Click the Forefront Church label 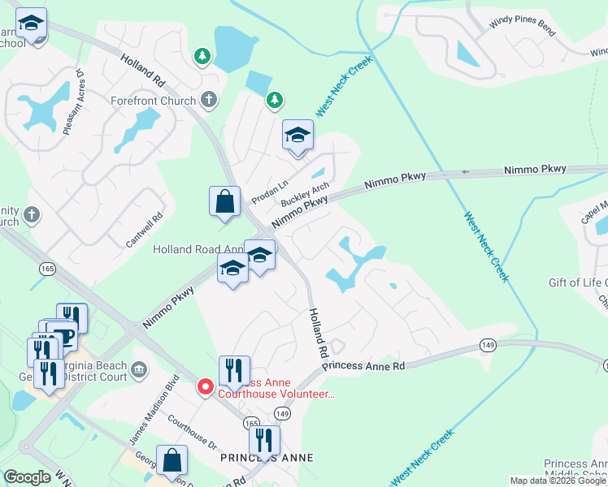[154, 101]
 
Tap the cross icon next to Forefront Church [209, 101]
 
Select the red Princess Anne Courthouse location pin [206, 387]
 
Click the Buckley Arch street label [305, 193]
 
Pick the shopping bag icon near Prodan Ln [224, 201]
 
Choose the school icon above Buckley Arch [297, 135]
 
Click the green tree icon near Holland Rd [202, 56]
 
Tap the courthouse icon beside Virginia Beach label [138, 371]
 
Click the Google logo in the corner [27, 477]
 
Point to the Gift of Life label [578, 282]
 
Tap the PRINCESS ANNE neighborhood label [267, 459]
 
